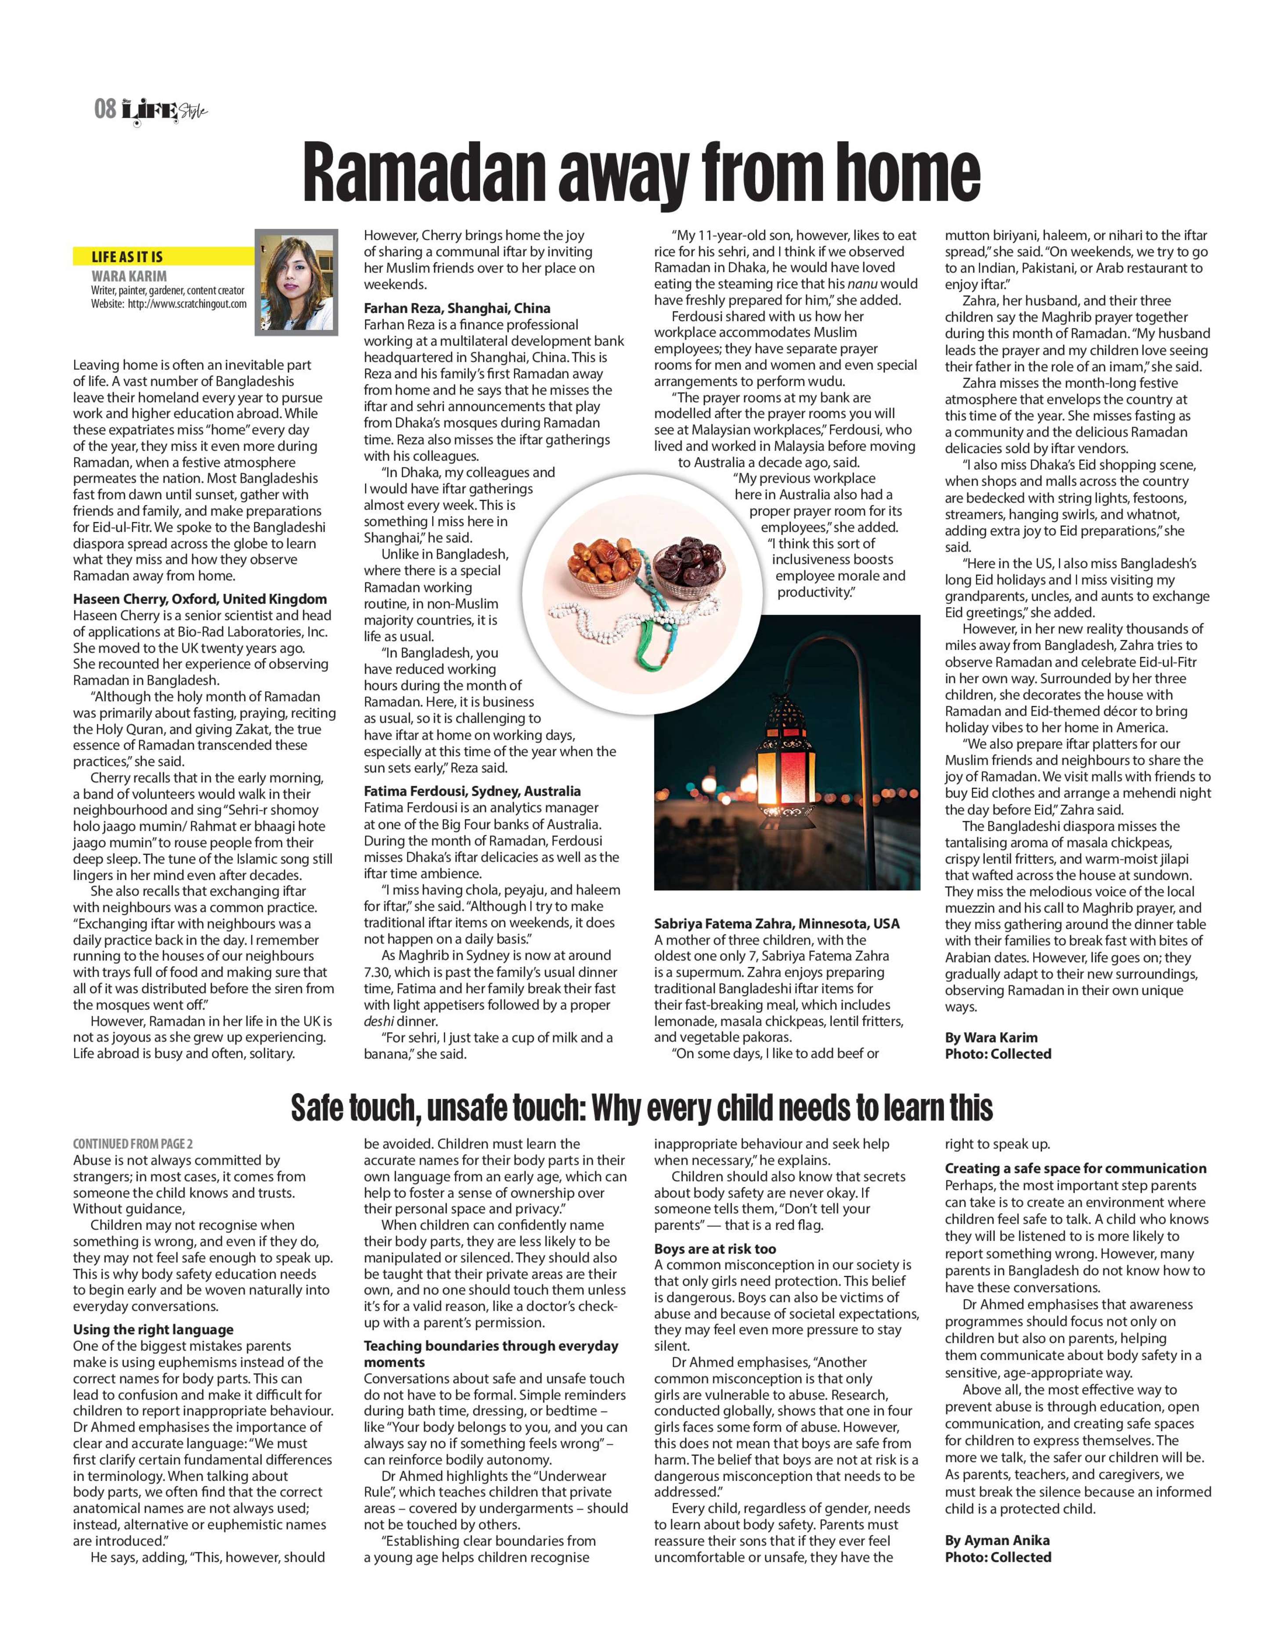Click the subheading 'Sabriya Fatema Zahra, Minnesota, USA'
pyautogui.click(x=776, y=924)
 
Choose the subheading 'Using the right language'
pyautogui.click(x=153, y=1330)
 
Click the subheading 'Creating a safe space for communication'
pyautogui.click(x=1075, y=1168)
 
